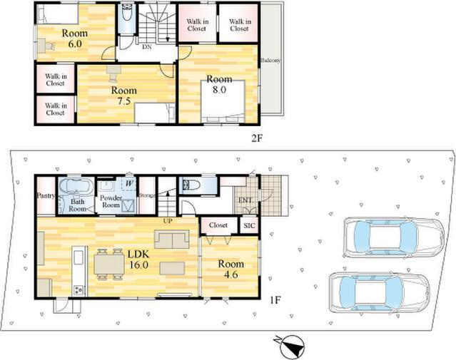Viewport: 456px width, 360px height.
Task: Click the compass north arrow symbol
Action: (x=290, y=346)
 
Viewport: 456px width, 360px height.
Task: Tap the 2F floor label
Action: (x=257, y=138)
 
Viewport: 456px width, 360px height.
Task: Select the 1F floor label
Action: (x=275, y=300)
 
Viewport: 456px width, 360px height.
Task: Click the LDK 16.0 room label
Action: (x=138, y=259)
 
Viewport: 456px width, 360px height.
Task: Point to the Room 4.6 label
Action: (x=231, y=269)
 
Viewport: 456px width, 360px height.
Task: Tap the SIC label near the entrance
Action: (x=249, y=226)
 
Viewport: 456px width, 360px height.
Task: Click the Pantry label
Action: (x=46, y=196)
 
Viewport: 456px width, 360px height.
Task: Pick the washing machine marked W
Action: (x=129, y=184)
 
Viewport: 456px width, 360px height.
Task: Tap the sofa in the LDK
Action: (x=171, y=240)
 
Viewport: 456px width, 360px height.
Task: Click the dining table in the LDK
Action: (x=109, y=264)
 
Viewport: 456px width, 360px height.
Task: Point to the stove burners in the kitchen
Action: (x=79, y=289)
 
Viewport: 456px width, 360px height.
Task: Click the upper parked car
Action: (x=393, y=237)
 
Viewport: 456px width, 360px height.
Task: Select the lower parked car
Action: (x=379, y=293)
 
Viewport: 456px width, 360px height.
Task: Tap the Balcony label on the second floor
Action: (x=270, y=61)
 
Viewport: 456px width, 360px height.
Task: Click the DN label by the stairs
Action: (x=147, y=47)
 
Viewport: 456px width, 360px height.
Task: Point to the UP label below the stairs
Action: (x=168, y=221)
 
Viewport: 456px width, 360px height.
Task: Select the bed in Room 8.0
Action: (x=223, y=101)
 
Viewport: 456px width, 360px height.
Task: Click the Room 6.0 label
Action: (x=75, y=38)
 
